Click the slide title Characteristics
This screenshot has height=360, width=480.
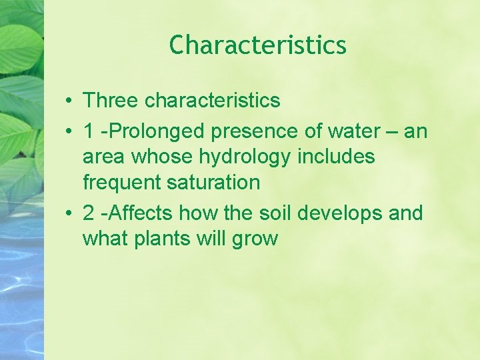(257, 45)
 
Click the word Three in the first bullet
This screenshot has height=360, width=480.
(111, 101)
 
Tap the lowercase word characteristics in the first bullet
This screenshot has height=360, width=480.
(212, 101)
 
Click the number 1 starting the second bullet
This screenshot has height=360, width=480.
(88, 132)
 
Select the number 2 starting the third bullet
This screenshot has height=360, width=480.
(88, 213)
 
